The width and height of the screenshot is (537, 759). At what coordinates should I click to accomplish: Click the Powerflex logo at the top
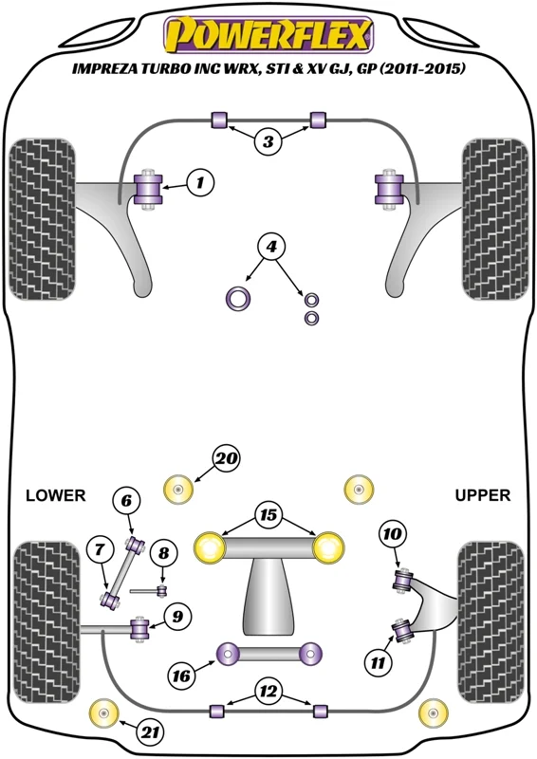coord(268,34)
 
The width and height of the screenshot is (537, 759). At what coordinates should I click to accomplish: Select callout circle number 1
coord(199,182)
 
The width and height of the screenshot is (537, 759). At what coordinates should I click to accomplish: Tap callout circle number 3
coord(268,141)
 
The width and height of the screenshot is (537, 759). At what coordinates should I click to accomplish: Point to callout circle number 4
coord(271,247)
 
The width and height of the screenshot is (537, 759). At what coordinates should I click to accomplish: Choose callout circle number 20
coord(226,458)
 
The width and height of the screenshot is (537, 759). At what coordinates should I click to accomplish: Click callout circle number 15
coord(268,514)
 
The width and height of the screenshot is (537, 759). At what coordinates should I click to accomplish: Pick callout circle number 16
coord(182,676)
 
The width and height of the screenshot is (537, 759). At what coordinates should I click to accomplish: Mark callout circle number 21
coord(151,731)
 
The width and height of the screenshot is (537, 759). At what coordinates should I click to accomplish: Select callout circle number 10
coord(392,534)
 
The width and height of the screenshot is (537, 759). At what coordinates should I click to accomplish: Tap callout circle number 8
coord(164,552)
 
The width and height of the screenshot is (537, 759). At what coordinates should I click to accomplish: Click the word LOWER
coord(55,495)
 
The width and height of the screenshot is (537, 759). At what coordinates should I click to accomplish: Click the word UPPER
coord(482,495)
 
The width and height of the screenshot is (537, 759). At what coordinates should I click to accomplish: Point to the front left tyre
coord(42,219)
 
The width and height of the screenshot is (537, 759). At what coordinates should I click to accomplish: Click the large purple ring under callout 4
coord(238,299)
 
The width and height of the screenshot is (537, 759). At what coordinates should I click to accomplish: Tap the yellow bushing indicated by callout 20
coord(178,490)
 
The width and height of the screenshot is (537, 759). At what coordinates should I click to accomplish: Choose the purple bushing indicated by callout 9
coord(140,629)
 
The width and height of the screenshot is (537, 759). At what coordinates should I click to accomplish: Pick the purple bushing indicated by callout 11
coord(402,630)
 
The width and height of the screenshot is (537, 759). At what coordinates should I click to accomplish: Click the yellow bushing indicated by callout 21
coord(104,713)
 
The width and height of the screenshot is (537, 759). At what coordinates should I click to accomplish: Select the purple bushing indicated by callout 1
coord(148,189)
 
